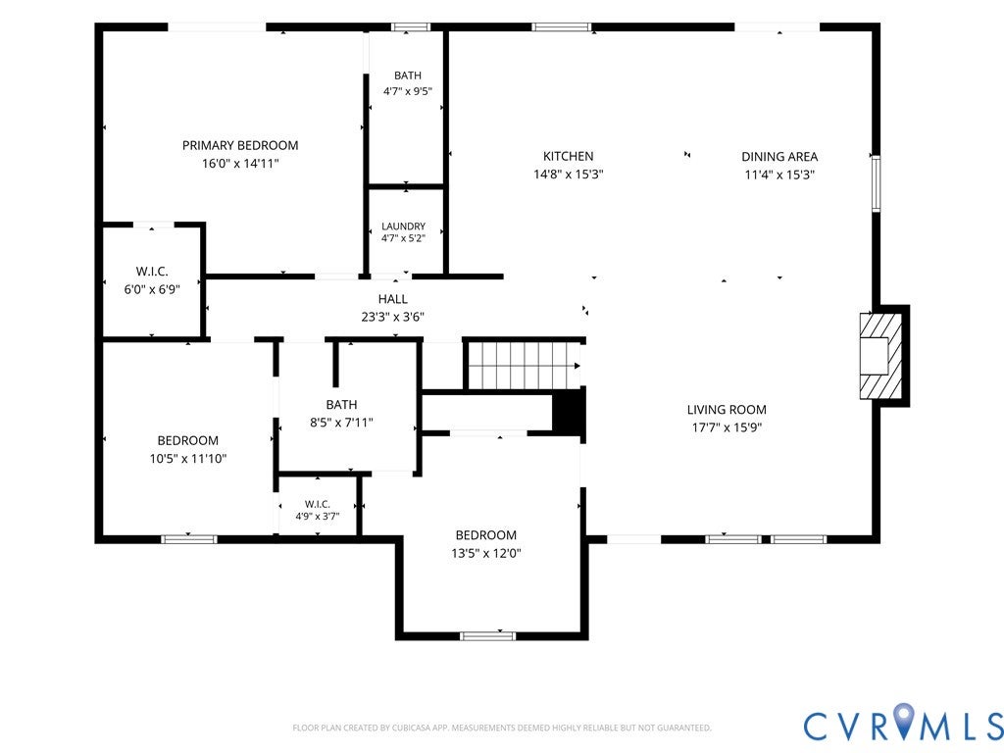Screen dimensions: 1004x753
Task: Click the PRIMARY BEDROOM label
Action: click(x=240, y=145)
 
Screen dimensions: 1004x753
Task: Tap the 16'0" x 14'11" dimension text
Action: click(x=240, y=164)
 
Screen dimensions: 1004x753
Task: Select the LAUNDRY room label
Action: click(x=403, y=226)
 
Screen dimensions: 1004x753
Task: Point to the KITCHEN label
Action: click(x=568, y=156)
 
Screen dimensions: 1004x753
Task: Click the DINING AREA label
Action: click(x=779, y=156)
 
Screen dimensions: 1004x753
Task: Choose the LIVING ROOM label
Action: click(x=727, y=410)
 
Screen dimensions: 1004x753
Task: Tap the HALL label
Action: click(x=392, y=299)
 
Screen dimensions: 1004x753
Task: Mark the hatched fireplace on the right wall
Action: click(x=880, y=355)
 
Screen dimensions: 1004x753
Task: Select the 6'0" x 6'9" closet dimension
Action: click(x=152, y=289)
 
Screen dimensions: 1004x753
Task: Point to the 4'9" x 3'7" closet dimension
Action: click(x=318, y=516)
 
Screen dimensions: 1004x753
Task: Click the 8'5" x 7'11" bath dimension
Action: click(x=341, y=423)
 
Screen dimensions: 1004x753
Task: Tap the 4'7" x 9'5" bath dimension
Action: click(x=407, y=91)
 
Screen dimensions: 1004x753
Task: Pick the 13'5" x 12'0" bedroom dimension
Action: click(x=486, y=553)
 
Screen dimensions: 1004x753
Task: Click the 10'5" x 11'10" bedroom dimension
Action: click(x=188, y=459)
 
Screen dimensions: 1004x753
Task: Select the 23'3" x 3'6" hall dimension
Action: click(x=392, y=317)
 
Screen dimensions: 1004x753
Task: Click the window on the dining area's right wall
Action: click(x=876, y=183)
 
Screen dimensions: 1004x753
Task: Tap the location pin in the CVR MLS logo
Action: click(x=904, y=720)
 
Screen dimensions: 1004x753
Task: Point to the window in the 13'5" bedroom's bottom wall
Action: click(x=488, y=635)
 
